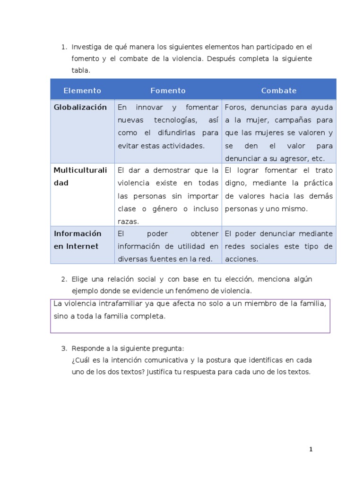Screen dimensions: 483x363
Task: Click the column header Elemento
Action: (82, 91)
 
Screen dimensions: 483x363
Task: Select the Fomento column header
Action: (168, 91)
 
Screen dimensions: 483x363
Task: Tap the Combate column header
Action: (279, 91)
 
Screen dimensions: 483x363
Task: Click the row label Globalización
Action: (80, 107)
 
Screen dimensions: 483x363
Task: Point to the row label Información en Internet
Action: (78, 240)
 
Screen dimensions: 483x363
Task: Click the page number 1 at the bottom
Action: (311, 450)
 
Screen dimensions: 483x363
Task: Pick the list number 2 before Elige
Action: (64, 279)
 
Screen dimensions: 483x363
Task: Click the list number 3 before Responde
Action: (64, 349)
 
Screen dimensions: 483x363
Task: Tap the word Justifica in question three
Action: (161, 372)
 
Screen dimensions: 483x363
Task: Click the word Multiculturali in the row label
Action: (80, 170)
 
